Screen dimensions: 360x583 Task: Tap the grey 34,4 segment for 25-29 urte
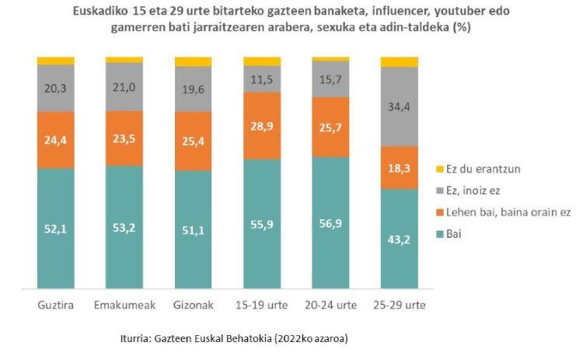click(x=399, y=107)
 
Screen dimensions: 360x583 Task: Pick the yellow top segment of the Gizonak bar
click(x=193, y=61)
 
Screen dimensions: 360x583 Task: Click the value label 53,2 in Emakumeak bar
click(x=124, y=227)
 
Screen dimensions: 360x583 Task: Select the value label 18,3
click(x=399, y=167)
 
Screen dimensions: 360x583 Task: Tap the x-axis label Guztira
click(x=56, y=306)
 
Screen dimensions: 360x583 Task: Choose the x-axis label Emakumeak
click(x=124, y=306)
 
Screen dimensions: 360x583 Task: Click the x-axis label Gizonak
click(x=193, y=306)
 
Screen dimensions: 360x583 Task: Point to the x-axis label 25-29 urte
click(x=399, y=306)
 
